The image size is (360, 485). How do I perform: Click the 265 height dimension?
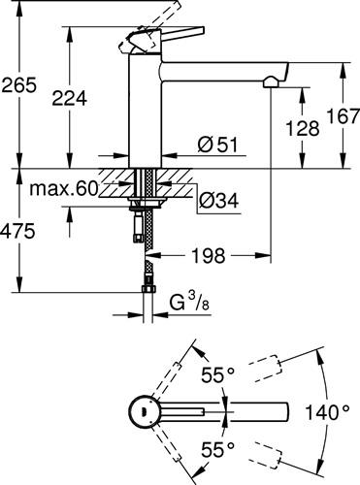click(x=18, y=85)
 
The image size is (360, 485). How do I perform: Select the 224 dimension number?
click(x=70, y=98)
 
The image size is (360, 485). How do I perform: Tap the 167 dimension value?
click(x=343, y=116)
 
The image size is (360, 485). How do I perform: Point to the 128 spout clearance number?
click(x=303, y=128)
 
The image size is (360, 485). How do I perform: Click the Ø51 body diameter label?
click(x=217, y=145)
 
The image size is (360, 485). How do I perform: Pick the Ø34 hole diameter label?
click(x=218, y=200)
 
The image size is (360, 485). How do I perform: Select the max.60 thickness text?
click(x=64, y=188)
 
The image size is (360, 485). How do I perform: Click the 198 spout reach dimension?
click(x=209, y=256)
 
